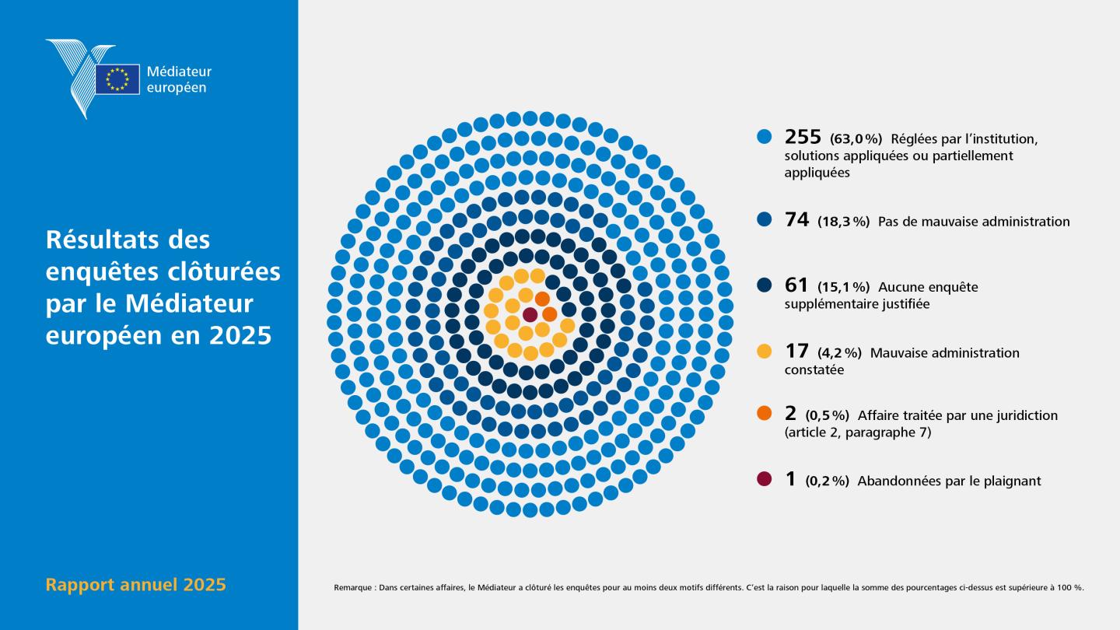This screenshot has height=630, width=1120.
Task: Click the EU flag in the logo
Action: pyautogui.click(x=117, y=79)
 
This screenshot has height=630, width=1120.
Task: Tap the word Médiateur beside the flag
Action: pyautogui.click(x=179, y=72)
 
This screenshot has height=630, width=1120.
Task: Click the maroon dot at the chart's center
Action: pyautogui.click(x=530, y=315)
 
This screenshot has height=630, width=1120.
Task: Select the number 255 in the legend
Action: pyautogui.click(x=803, y=137)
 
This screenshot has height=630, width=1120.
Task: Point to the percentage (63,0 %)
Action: pyautogui.click(x=856, y=138)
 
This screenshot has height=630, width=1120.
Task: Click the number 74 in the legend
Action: pyautogui.click(x=796, y=219)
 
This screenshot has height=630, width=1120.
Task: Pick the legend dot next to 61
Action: pyautogui.click(x=765, y=285)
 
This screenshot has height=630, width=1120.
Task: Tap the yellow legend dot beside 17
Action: pyautogui.click(x=765, y=351)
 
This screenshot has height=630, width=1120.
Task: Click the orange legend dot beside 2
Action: pyautogui.click(x=765, y=413)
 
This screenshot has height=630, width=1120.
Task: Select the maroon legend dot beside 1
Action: pyautogui.click(x=765, y=478)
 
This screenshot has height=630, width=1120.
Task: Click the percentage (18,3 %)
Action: pyautogui.click(x=843, y=222)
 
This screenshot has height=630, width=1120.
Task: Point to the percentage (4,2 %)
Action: pyautogui.click(x=839, y=353)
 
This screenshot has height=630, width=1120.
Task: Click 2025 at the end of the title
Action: pyautogui.click(x=240, y=335)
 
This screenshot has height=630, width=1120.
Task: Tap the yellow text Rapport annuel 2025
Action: pyautogui.click(x=135, y=585)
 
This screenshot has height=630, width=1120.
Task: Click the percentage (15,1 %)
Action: pyautogui.click(x=843, y=287)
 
